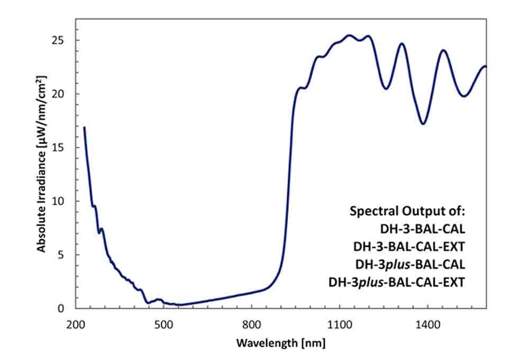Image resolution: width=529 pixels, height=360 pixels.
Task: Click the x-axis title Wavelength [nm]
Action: (x=280, y=343)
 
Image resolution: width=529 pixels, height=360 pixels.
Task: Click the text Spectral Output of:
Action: (x=407, y=211)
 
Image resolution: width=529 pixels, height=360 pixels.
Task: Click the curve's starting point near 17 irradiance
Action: (x=84, y=127)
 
